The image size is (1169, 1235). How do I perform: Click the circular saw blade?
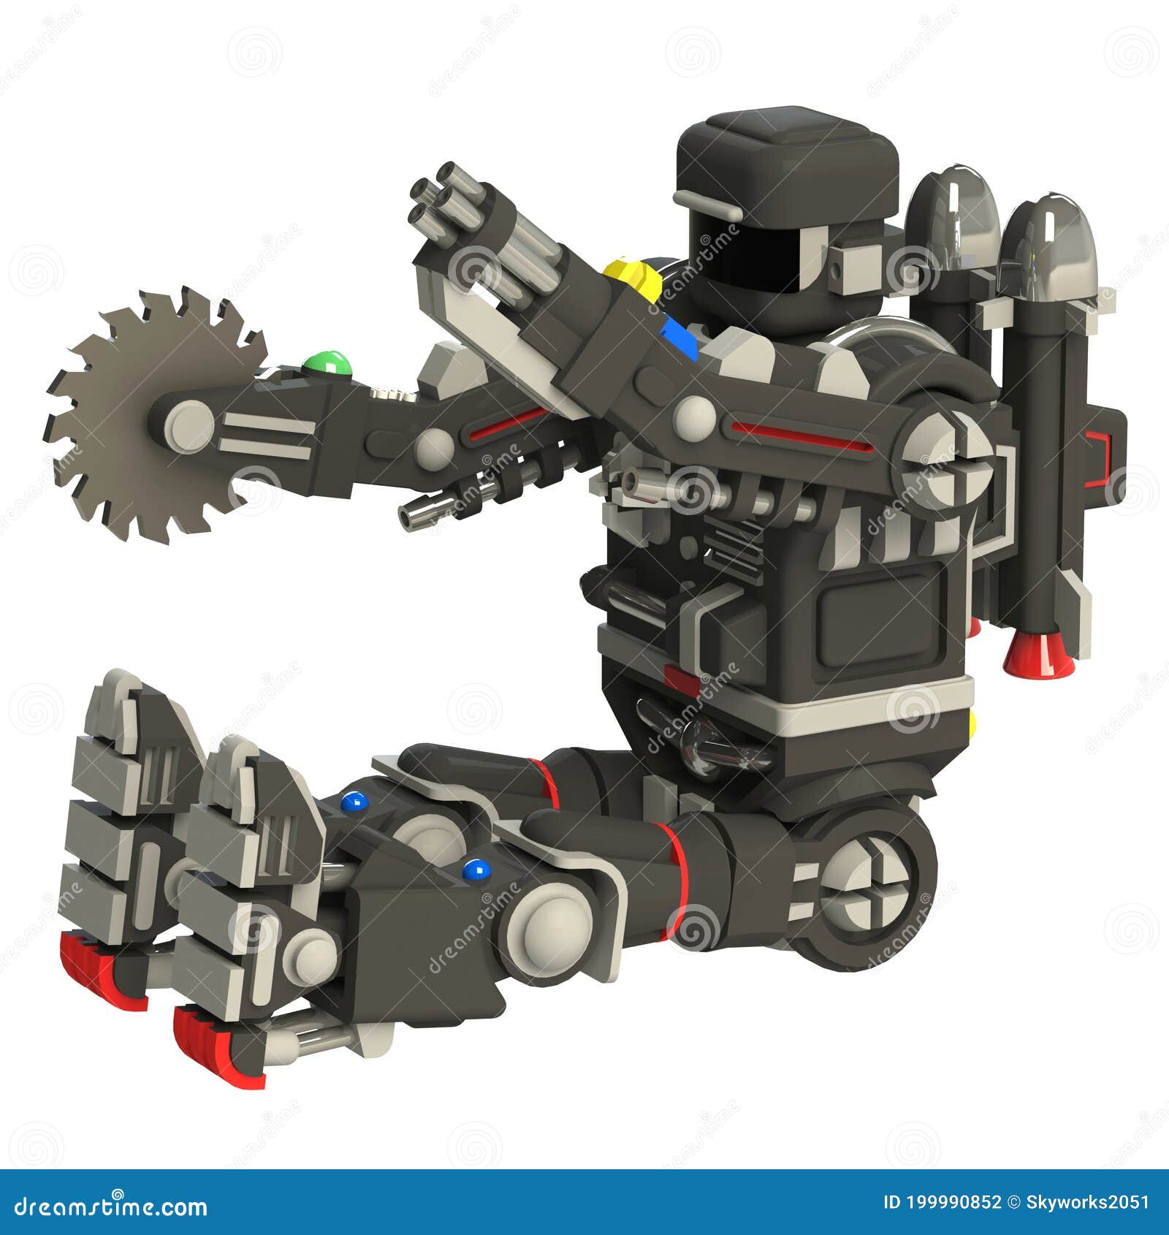click(x=110, y=468)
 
